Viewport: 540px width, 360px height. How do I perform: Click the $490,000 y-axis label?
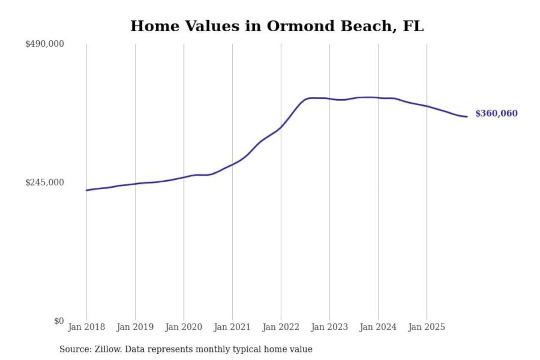(x=44, y=44)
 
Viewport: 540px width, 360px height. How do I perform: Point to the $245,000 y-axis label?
(x=44, y=183)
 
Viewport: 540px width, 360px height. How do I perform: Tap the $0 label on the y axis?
(x=59, y=321)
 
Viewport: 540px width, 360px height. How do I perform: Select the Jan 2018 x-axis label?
(x=86, y=327)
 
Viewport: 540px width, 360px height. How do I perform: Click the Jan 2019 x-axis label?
(x=135, y=327)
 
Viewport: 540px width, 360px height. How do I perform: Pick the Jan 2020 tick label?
(x=183, y=327)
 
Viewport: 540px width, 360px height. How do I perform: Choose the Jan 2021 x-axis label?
(x=232, y=327)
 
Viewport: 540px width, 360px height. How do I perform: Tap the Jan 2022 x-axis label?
(x=280, y=327)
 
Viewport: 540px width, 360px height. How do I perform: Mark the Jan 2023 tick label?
(x=329, y=327)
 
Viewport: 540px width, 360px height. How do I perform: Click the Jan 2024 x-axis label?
(x=378, y=327)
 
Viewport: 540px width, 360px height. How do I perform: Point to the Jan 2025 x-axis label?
(x=426, y=327)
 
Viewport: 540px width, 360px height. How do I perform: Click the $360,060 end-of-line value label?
(x=496, y=113)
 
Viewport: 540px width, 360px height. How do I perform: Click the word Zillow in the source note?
(x=108, y=349)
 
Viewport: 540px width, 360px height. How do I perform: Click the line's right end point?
(x=467, y=117)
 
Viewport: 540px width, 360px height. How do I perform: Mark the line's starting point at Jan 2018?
(x=87, y=190)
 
